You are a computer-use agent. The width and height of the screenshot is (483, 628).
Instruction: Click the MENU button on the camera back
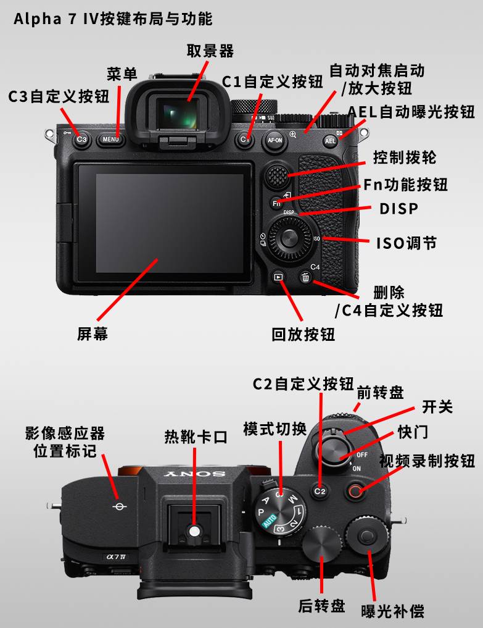pyautogui.click(x=111, y=140)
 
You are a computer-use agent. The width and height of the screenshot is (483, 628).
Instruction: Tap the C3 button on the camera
pyautogui.click(x=81, y=140)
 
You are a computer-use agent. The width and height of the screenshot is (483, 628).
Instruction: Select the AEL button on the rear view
pyautogui.click(x=330, y=141)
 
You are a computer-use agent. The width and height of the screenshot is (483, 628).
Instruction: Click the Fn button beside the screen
pyautogui.click(x=276, y=203)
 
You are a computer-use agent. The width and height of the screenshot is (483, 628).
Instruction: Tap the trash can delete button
pyautogui.click(x=306, y=277)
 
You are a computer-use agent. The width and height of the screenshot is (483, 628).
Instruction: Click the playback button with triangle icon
pyautogui.click(x=278, y=277)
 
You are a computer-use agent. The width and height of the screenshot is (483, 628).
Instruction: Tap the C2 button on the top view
pyautogui.click(x=320, y=491)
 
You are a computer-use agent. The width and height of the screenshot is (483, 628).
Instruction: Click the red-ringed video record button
pyautogui.click(x=355, y=491)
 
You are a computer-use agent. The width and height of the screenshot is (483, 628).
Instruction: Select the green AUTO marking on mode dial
pyautogui.click(x=270, y=521)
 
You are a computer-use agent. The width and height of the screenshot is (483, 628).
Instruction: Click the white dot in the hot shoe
pyautogui.click(x=194, y=532)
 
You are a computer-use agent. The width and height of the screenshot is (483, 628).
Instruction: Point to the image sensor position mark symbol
pyautogui.click(x=119, y=506)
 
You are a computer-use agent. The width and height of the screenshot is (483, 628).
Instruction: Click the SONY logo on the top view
pyautogui.click(x=194, y=474)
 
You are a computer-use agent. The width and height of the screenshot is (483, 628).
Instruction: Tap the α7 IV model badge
pyautogui.click(x=117, y=557)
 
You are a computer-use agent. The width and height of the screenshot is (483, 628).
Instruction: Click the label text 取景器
pyautogui.click(x=210, y=51)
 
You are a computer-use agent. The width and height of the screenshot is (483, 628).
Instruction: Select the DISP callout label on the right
pyautogui.click(x=398, y=209)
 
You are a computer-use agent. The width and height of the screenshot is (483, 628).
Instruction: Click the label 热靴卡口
pyautogui.click(x=196, y=437)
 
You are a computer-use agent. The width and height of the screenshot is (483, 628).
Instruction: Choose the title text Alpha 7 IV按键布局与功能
pyautogui.click(x=114, y=19)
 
